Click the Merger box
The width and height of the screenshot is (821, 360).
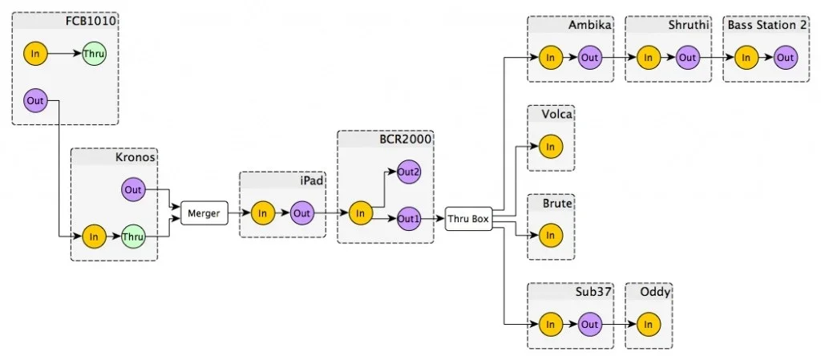[x=203, y=213]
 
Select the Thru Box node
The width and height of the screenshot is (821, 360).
[x=467, y=218]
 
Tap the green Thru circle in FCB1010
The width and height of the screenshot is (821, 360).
[x=94, y=55]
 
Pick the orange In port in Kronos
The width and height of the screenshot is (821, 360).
[x=94, y=237]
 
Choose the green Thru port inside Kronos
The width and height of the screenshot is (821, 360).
[x=133, y=237]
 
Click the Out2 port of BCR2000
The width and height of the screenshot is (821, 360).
[x=409, y=172]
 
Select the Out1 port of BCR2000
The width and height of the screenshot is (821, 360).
[x=409, y=217]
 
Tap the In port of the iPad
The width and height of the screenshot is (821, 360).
[x=262, y=213]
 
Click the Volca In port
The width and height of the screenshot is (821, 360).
[x=550, y=147]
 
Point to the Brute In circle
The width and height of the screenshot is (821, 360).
[x=550, y=236]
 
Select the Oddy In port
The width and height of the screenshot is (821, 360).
[x=648, y=324]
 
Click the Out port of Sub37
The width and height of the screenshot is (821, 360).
[x=590, y=324]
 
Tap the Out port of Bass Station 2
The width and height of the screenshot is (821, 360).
[x=785, y=58]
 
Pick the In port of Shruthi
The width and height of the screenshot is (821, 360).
[x=648, y=58]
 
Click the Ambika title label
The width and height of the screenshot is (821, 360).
[x=590, y=25]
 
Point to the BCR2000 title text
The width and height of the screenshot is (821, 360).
[x=406, y=139]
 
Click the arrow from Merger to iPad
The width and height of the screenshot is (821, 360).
[x=238, y=213]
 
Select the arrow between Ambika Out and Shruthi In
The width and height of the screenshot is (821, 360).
[x=619, y=58]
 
